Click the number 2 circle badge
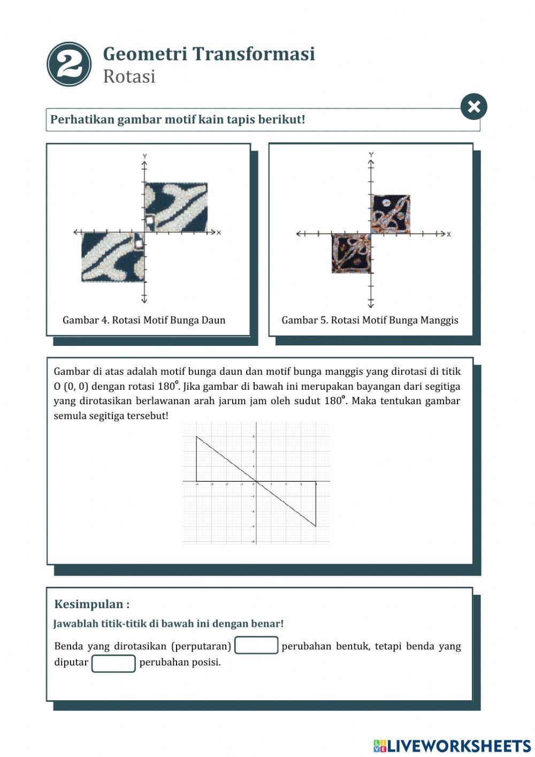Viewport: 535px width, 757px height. point(69,65)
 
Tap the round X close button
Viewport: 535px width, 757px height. point(473,107)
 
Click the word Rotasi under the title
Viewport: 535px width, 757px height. point(129,77)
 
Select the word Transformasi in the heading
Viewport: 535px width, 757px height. point(253,54)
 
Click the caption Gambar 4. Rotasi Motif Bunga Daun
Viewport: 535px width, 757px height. point(144,320)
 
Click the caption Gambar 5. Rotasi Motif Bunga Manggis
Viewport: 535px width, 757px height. point(370,320)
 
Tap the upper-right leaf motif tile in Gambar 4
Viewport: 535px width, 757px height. point(177,207)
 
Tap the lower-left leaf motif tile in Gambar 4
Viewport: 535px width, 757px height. point(112,258)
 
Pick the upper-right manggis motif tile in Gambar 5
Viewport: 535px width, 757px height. point(391,214)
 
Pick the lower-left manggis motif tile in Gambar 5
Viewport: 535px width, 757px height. point(351,254)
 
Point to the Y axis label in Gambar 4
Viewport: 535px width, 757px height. point(144,156)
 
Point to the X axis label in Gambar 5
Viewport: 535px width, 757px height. point(449,234)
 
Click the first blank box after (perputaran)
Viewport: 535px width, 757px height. point(256,646)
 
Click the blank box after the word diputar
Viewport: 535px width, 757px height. point(113,663)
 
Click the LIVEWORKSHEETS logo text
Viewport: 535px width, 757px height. point(458,746)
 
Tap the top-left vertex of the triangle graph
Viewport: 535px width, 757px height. point(196,437)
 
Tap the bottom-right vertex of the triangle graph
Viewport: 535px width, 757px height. point(316,526)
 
